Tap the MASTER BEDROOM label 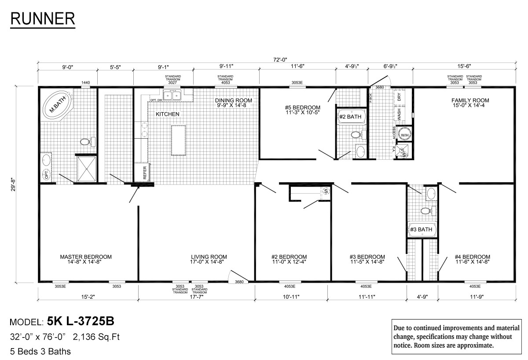coord(86,257)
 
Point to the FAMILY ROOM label coord(470,100)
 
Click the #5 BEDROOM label coord(302,107)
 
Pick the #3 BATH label coord(422,229)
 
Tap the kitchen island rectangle coord(178,140)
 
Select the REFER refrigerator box coord(145,172)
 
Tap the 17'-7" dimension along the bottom coord(197,297)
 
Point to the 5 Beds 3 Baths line coord(40,352)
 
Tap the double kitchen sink coord(172,96)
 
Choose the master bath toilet coord(86,142)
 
